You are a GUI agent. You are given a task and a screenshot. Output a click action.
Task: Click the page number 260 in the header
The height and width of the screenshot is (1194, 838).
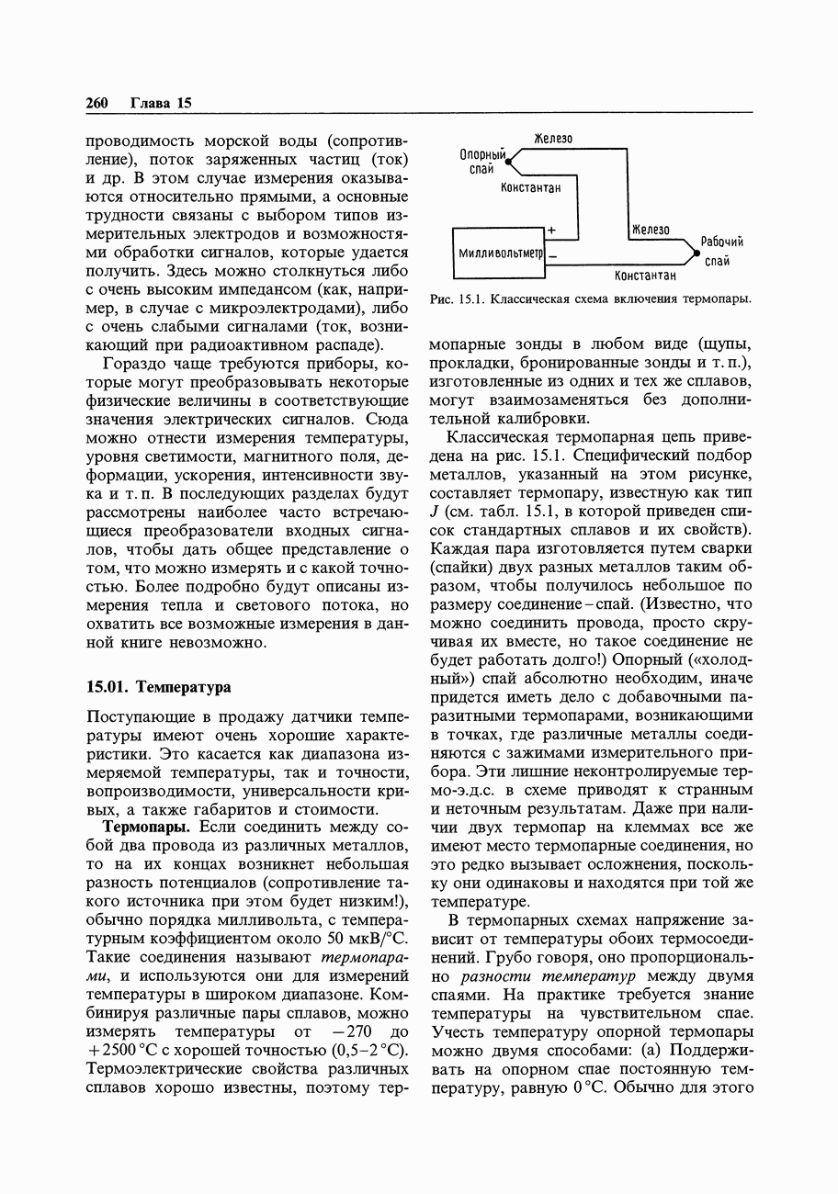coord(96,103)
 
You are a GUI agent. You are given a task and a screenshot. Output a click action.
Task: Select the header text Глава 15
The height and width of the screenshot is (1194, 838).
coord(161,103)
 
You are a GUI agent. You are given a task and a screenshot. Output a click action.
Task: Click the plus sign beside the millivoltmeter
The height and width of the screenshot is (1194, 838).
coord(551,229)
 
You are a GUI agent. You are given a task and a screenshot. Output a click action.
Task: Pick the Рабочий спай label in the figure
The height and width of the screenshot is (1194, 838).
coord(720,251)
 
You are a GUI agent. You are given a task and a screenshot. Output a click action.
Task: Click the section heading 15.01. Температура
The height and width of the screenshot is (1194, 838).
coord(158,686)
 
